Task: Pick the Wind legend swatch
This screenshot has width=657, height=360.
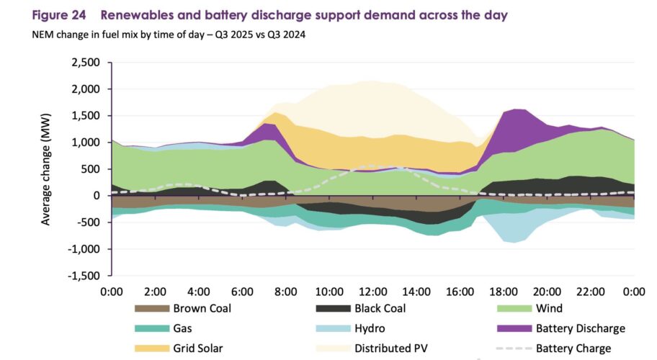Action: point(514,309)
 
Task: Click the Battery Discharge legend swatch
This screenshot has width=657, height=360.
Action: point(514,328)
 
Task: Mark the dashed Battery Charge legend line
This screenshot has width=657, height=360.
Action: point(514,348)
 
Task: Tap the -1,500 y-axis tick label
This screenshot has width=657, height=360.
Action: point(86,276)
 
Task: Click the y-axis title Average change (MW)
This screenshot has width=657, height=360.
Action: point(47,170)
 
